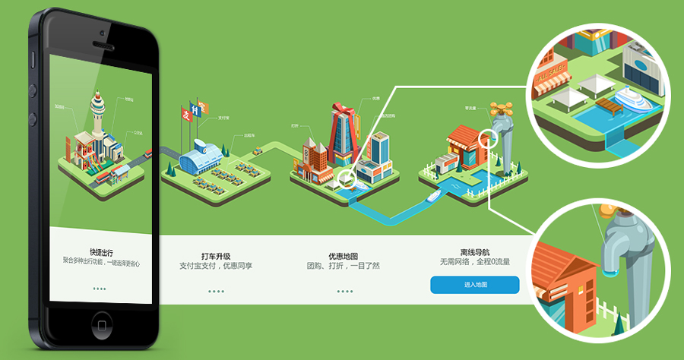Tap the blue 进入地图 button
point(474,285)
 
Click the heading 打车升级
point(216,255)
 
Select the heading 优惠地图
point(343,255)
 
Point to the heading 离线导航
point(474,252)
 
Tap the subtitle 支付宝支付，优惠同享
point(216,266)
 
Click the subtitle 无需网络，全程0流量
point(474,263)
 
